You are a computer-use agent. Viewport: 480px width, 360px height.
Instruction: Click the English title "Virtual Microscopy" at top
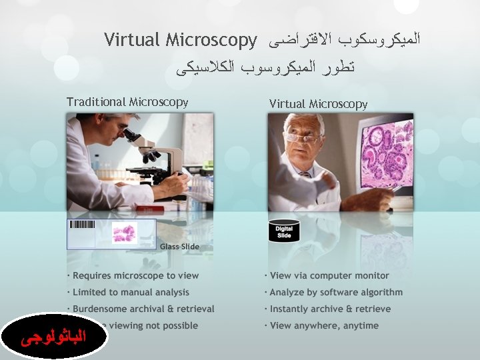tap(181, 41)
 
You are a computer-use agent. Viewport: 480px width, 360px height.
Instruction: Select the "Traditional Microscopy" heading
tap(127, 102)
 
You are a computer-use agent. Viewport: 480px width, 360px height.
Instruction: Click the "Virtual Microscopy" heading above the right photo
tap(318, 104)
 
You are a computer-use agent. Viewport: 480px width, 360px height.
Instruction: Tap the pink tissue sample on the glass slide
tap(124, 233)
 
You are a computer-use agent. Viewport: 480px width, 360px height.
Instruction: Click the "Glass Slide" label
tap(179, 247)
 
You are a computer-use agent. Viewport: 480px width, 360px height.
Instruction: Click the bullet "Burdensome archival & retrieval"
tap(143, 309)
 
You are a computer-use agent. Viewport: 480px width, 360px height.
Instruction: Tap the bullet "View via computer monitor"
tap(329, 275)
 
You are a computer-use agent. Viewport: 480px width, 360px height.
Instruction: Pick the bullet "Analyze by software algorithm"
tap(336, 292)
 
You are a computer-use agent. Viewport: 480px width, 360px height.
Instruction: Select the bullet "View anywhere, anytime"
tap(324, 325)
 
